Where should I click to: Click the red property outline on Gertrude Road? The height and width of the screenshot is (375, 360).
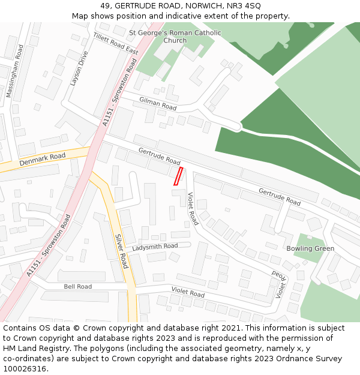pyautogui.click(x=178, y=176)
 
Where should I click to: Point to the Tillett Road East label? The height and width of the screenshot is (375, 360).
pyautogui.click(x=115, y=44)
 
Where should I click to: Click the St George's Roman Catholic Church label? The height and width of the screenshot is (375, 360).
pyautogui.click(x=175, y=37)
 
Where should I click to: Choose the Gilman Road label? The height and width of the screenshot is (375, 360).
pyautogui.click(x=158, y=103)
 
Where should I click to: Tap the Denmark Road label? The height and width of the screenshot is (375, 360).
pyautogui.click(x=42, y=160)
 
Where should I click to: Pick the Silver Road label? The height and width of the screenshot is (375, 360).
pyautogui.click(x=122, y=251)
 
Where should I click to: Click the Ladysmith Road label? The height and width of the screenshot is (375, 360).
pyautogui.click(x=155, y=247)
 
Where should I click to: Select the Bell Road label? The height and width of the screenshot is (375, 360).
pyautogui.click(x=78, y=287)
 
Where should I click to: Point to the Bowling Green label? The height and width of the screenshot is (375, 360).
pyautogui.click(x=310, y=248)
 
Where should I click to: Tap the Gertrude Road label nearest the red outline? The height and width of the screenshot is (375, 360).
pyautogui.click(x=159, y=157)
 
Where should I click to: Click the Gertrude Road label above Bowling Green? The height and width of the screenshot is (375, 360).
pyautogui.click(x=280, y=197)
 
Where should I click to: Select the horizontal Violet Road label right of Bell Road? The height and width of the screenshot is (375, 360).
pyautogui.click(x=188, y=292)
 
